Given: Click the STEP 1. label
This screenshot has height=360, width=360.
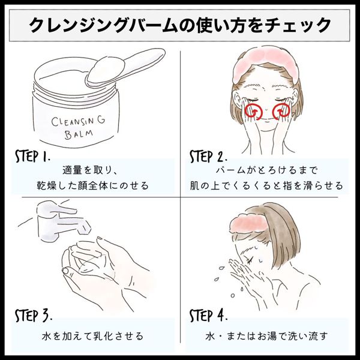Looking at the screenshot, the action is [32, 157].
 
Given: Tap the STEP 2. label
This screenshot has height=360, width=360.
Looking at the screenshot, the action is [208, 157].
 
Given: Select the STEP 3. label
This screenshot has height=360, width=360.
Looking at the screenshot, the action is [34, 315].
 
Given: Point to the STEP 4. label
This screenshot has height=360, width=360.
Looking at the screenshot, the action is [208, 315].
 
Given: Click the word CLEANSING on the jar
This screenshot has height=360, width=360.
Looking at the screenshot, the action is [78, 121].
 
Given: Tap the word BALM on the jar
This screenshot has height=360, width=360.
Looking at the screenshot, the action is [79, 134].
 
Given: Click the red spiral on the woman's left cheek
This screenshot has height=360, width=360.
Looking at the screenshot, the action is [281, 112].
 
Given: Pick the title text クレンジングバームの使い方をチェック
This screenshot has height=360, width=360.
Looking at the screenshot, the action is [180, 25].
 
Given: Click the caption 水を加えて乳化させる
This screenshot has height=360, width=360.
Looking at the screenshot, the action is [93, 336].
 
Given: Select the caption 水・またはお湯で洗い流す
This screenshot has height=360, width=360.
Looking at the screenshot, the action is [266, 336].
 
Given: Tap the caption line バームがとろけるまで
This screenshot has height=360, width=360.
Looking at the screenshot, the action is [266, 170].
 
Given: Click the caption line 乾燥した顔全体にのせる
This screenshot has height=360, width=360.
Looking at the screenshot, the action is [93, 185].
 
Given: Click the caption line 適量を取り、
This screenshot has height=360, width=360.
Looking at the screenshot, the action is [90, 170].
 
